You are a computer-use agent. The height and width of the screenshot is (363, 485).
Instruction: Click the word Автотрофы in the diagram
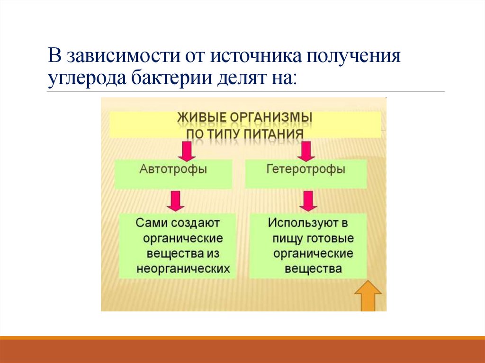click(x=173, y=169)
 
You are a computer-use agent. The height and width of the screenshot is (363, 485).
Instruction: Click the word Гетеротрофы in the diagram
click(x=305, y=169)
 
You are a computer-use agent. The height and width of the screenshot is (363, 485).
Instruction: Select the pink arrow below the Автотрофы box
click(x=176, y=201)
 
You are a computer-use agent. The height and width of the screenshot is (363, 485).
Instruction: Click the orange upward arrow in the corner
click(x=368, y=296)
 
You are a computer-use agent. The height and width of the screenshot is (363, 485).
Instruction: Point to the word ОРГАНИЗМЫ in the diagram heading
click(x=271, y=116)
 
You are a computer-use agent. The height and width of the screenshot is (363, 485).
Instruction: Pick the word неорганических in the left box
click(x=183, y=268)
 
